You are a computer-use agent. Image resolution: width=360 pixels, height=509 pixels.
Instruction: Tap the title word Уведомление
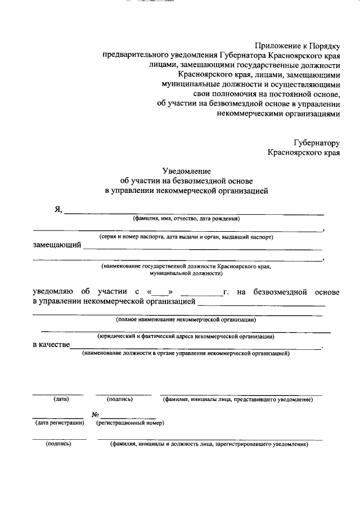(x=186, y=170)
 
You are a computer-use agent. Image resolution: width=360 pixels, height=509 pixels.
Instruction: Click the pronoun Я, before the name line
(x=58, y=210)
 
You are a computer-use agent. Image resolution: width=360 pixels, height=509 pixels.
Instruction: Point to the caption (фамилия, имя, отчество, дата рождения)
(x=186, y=219)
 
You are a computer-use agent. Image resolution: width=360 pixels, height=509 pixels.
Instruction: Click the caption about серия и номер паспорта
(x=186, y=237)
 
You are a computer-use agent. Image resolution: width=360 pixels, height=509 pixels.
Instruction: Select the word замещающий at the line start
(x=56, y=246)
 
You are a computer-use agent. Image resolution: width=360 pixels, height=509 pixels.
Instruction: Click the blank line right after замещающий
(x=202, y=247)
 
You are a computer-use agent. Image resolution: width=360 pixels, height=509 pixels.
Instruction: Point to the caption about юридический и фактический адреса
(x=186, y=336)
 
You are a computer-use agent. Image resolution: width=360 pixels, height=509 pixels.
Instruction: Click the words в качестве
(x=51, y=345)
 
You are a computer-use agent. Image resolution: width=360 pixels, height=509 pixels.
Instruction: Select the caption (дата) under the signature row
(x=61, y=399)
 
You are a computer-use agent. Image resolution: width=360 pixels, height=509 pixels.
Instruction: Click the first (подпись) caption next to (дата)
(x=120, y=399)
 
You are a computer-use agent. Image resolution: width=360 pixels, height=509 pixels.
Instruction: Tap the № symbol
(x=95, y=414)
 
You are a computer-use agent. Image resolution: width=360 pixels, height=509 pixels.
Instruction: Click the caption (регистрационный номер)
(x=130, y=422)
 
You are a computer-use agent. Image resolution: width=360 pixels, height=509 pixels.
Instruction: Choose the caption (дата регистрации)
(x=60, y=422)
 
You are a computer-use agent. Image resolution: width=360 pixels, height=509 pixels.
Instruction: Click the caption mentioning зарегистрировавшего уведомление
(x=209, y=444)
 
